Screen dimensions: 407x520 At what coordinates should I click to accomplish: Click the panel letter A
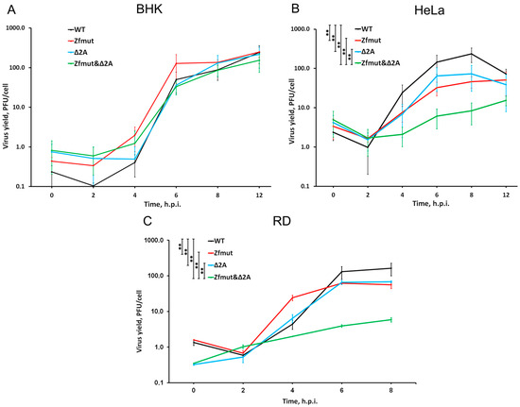(8, 8)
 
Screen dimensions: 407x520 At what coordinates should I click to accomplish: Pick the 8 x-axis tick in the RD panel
(390, 392)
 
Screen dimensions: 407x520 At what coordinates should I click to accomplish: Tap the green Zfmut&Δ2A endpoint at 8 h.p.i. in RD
(390, 319)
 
